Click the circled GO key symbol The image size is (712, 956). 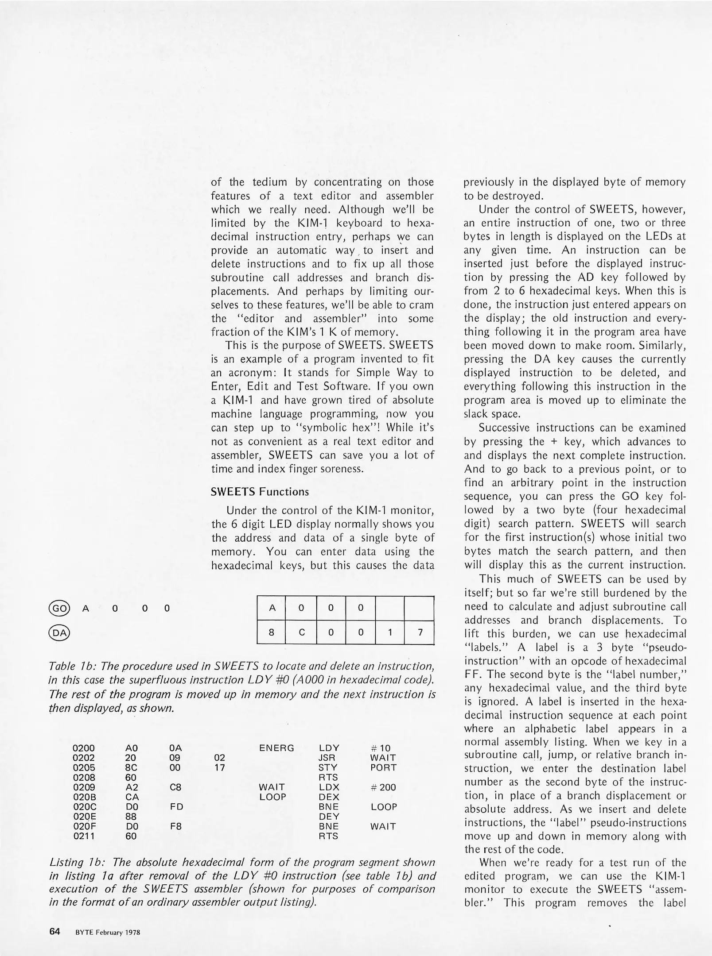click(x=59, y=608)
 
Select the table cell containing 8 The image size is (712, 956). click(x=272, y=632)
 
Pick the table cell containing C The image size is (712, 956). click(x=301, y=632)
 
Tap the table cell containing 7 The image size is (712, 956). click(x=419, y=632)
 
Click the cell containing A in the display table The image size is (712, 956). click(x=272, y=608)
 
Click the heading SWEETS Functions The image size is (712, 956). click(x=260, y=492)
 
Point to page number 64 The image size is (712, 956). click(x=54, y=931)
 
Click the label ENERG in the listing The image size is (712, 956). click(x=276, y=748)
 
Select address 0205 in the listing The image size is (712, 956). click(x=83, y=767)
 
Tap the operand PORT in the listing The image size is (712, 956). click(x=383, y=767)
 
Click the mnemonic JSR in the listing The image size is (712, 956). click(x=327, y=758)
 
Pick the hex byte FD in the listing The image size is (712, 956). click(x=176, y=806)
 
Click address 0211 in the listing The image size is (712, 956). click(x=83, y=836)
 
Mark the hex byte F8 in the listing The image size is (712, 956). click(x=176, y=826)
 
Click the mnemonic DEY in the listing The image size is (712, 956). click(x=329, y=816)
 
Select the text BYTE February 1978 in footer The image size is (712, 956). click(x=108, y=932)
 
